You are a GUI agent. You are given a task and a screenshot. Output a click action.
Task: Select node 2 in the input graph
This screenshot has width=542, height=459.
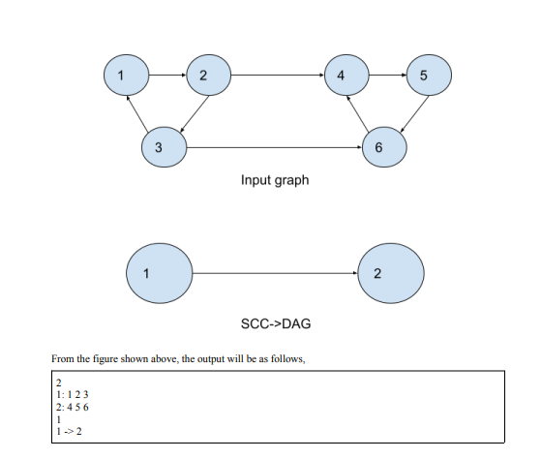pos(202,75)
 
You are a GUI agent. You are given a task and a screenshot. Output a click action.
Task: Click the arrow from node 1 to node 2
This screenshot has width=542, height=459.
pos(164,74)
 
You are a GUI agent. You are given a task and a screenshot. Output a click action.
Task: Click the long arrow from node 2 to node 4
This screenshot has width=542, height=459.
pos(272,74)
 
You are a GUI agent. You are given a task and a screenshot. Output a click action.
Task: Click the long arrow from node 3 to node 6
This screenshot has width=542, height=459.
pos(271,147)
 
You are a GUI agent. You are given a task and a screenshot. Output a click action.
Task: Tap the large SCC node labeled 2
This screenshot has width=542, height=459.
pos(388,272)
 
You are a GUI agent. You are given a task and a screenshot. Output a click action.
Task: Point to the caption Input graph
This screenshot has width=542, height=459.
pos(275,180)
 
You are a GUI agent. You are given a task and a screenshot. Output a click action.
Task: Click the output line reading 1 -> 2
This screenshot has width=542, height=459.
pos(69,432)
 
